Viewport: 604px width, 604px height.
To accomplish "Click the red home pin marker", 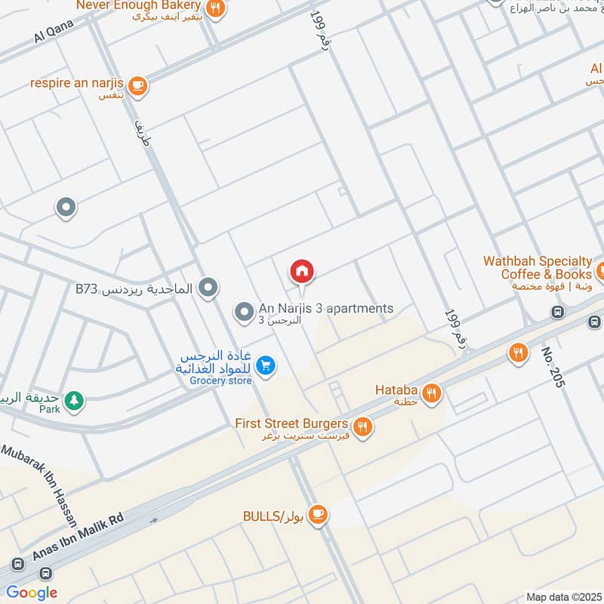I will pos(302,271).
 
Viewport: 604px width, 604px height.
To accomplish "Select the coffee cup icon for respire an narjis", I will pos(137,85).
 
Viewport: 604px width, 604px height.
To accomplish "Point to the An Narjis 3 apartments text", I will pos(325,309).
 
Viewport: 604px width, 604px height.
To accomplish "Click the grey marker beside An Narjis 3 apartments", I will pos(244,310).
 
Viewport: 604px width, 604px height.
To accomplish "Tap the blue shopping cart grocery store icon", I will pos(265,366).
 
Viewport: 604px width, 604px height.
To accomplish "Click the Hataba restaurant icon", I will pos(431,392).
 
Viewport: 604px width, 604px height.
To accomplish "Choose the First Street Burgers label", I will pos(291,424).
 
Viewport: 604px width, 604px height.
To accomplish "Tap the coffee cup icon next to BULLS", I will pos(318,514).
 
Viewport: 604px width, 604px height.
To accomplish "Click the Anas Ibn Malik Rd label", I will pos(78,537).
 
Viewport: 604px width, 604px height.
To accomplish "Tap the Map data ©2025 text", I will pos(562,596).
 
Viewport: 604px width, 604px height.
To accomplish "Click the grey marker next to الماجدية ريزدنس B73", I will pos(209,288).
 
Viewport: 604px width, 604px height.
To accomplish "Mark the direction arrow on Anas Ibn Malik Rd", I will pos(154,520).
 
